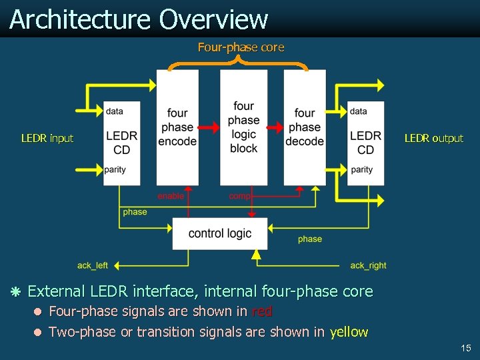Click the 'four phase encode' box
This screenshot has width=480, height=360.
(177, 127)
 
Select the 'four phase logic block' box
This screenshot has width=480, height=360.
(243, 127)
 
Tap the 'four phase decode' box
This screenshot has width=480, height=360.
(305, 127)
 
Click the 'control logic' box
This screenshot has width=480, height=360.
(220, 233)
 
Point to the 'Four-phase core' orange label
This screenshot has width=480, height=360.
(241, 47)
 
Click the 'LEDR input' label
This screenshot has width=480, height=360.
(47, 139)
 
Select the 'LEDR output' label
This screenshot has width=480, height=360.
(433, 139)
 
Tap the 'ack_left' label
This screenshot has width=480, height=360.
(93, 265)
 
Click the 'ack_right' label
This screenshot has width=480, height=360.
(368, 265)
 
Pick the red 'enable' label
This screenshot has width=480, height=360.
(171, 196)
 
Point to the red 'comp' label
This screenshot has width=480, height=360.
(239, 196)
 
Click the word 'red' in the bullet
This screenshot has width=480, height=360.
(261, 311)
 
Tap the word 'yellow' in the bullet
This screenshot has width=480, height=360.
(349, 332)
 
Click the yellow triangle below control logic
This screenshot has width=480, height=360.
(255, 254)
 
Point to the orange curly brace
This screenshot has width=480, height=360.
(238, 62)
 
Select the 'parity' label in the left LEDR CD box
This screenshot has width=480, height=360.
(115, 169)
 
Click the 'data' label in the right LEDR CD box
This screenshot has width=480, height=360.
(358, 111)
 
